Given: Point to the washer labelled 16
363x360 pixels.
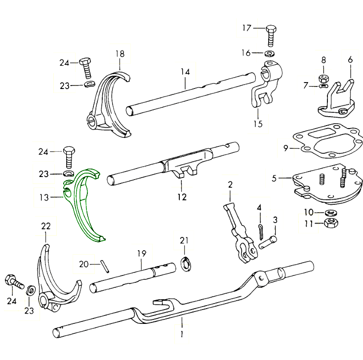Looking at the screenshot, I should pos(270,53).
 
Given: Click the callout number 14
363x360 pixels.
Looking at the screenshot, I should pos(185,72).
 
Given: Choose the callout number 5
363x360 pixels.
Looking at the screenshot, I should pos(275,177).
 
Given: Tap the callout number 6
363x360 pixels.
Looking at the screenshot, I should pos(350,59).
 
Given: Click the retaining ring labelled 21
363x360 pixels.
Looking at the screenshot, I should pos(185,264).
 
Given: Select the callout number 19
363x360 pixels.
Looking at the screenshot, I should pos(142,254).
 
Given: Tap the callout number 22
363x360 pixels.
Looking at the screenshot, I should pos(46,226).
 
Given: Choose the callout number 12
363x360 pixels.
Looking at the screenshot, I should pos(182,197).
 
